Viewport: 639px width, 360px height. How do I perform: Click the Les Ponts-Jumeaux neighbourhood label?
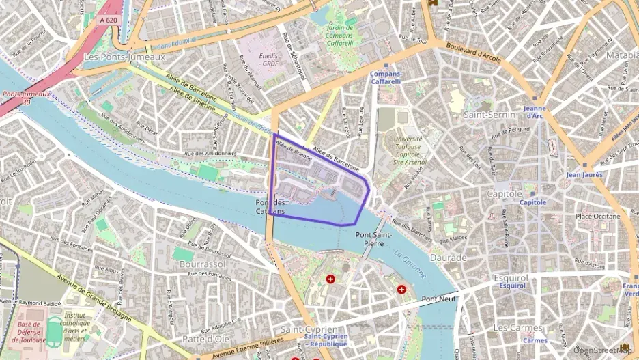(x=124, y=57)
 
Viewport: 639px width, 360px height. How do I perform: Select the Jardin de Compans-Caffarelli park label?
(x=340, y=35)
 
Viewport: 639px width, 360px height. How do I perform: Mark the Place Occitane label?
(x=597, y=217)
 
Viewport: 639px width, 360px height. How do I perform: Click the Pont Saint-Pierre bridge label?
(x=373, y=238)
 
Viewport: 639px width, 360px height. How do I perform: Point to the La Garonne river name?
(x=410, y=265)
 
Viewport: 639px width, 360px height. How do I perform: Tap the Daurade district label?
(x=449, y=258)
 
